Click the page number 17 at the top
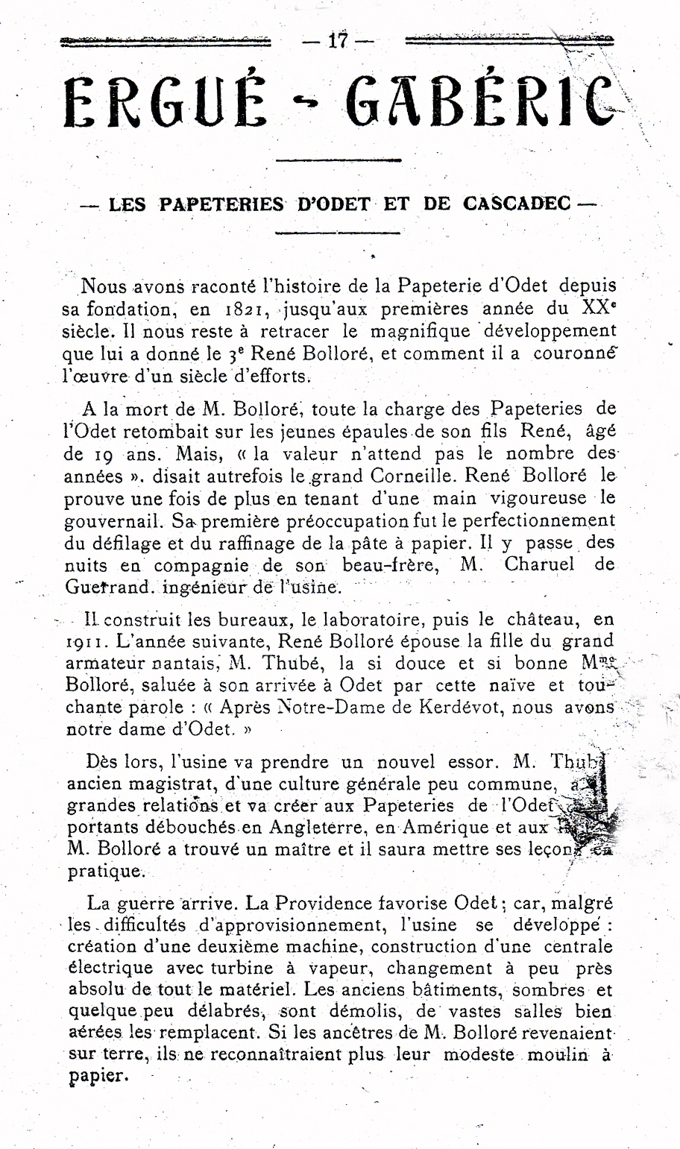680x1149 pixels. tap(338, 41)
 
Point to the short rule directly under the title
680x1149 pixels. tap(338, 159)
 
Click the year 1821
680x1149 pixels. tap(246, 310)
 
